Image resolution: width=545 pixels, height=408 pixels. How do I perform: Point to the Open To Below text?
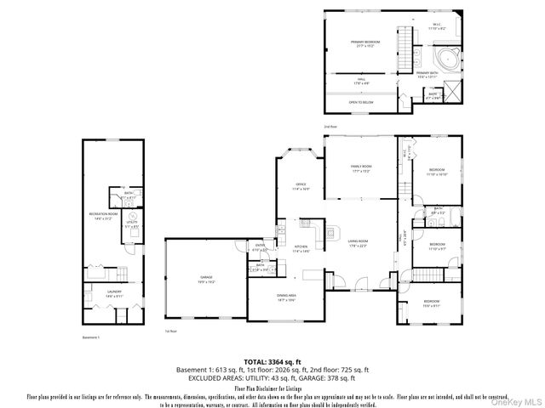coord(361,102)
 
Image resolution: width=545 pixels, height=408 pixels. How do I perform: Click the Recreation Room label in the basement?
coord(103,216)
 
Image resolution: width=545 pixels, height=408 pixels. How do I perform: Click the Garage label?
coord(207,279)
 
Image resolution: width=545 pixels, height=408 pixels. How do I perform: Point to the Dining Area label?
coord(285,297)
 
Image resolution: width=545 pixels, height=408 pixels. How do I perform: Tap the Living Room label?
coord(357,244)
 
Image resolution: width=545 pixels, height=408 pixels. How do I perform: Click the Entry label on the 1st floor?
coord(260,248)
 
